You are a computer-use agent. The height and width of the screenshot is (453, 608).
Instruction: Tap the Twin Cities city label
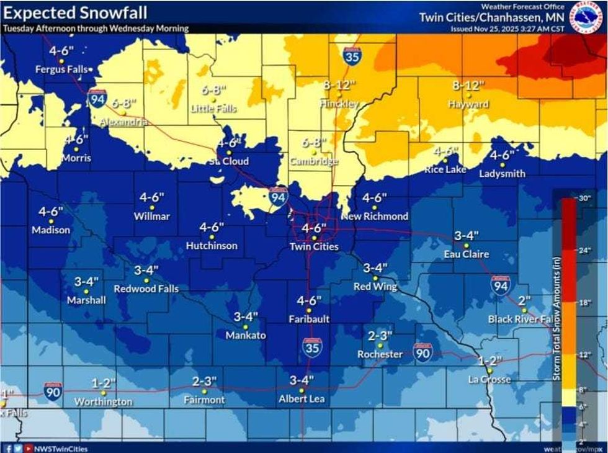(314, 247)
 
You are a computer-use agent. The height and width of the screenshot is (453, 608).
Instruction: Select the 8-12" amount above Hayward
(468, 84)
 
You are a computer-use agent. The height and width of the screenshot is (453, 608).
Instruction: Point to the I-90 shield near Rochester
(422, 352)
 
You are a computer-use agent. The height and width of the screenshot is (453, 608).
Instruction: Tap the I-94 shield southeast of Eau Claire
(501, 284)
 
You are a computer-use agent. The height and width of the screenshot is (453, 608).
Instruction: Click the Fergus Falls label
(61, 70)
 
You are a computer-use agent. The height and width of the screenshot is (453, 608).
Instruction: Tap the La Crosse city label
(490, 379)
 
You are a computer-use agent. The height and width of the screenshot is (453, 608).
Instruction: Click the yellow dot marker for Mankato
(246, 326)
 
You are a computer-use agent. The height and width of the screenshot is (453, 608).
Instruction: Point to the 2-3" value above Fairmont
(204, 381)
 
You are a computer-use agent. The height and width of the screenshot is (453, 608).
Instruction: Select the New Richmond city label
(374, 216)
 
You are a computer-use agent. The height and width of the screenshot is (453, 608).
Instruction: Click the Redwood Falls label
(146, 289)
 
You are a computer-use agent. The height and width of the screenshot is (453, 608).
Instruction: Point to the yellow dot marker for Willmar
(152, 207)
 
